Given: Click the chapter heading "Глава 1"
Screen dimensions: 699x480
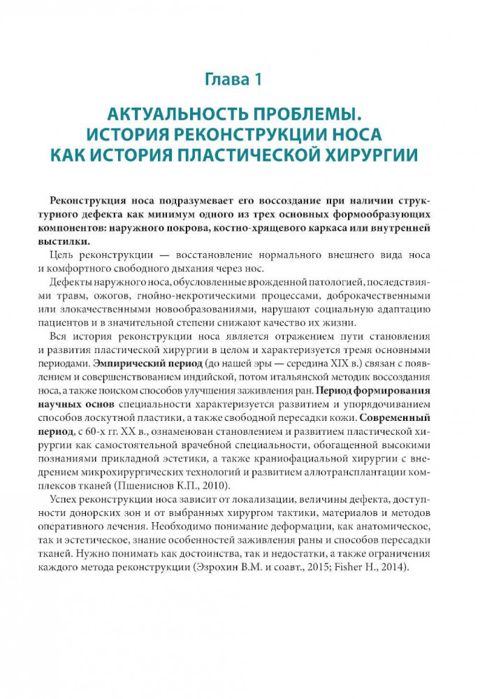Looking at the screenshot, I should pyautogui.click(x=233, y=80).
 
